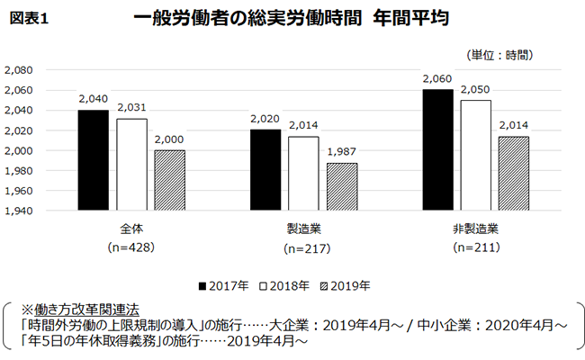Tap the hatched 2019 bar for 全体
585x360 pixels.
click(168, 180)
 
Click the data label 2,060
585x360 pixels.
click(436, 80)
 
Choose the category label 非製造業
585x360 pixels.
click(474, 229)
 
